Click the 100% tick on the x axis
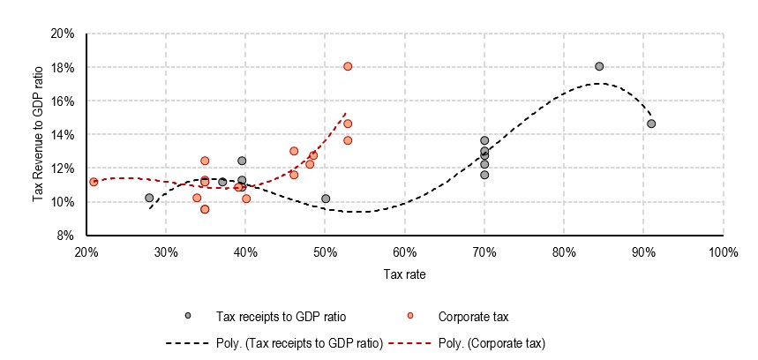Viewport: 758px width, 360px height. tap(723, 251)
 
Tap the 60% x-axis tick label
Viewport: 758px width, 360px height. tap(404, 251)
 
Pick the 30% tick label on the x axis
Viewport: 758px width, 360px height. tap(166, 251)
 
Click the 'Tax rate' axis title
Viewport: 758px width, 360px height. tap(405, 274)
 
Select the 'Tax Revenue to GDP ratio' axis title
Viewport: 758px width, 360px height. tap(40, 133)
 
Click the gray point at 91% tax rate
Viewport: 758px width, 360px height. tap(651, 124)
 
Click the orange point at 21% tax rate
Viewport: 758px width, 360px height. tap(94, 182)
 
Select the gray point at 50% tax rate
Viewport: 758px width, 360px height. tap(326, 199)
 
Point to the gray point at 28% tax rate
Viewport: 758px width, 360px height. tap(149, 198)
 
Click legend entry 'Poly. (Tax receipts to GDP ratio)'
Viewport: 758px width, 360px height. tap(299, 342)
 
